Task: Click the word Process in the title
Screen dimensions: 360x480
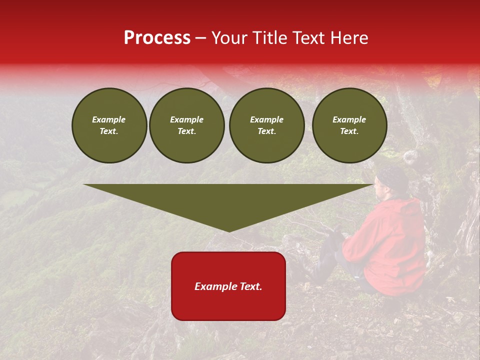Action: (157, 38)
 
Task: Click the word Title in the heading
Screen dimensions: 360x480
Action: (270, 38)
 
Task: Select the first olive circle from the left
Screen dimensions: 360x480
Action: (109, 125)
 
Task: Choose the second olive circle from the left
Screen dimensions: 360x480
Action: (187, 125)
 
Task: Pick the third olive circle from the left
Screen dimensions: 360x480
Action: (267, 125)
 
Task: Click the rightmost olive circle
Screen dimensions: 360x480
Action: (349, 125)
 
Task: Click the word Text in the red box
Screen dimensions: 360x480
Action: (250, 286)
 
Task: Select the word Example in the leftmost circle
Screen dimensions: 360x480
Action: (109, 119)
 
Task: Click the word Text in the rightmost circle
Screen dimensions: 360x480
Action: (349, 131)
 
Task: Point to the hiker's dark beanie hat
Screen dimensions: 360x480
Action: (393, 177)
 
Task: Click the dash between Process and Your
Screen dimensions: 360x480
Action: (201, 38)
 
